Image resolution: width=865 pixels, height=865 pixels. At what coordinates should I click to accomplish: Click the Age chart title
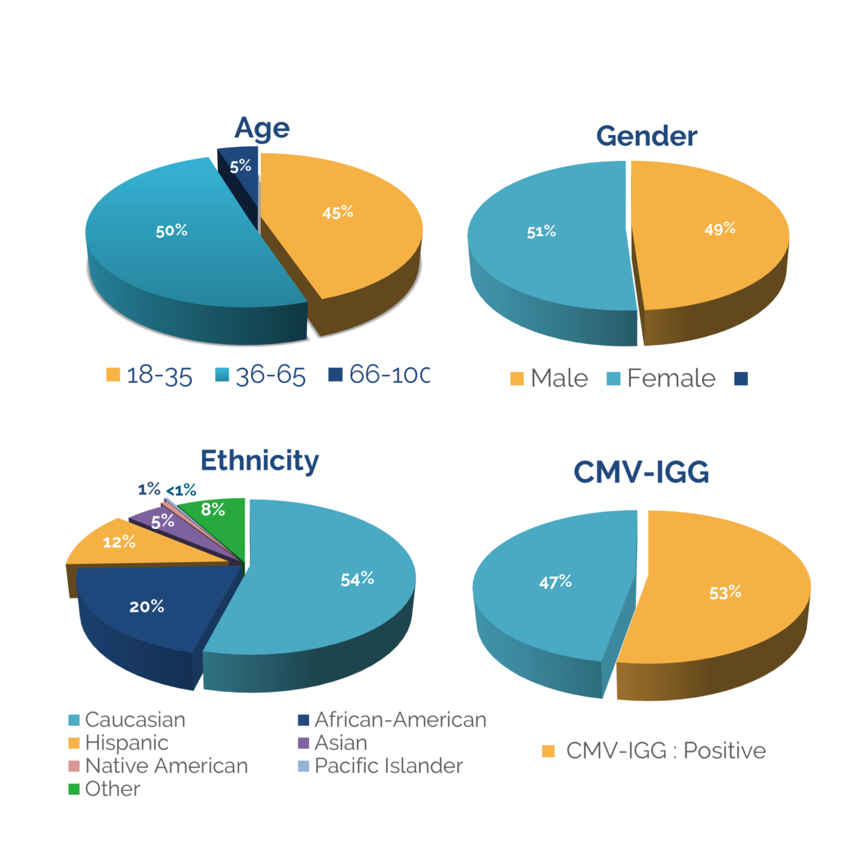click(262, 128)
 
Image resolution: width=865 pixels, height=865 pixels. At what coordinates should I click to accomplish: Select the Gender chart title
click(646, 136)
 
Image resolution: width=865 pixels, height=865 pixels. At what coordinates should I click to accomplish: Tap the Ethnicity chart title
click(260, 461)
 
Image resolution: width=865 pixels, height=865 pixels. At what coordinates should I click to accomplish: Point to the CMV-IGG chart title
click(641, 472)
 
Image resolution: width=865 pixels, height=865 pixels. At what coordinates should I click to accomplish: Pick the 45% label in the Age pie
click(338, 212)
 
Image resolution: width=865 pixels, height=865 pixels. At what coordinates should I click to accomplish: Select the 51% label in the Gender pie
click(541, 231)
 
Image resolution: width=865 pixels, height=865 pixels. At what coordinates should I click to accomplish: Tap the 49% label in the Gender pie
click(720, 229)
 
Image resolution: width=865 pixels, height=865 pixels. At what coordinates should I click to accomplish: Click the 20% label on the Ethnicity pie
click(147, 606)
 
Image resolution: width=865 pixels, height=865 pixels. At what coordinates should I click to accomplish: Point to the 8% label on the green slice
click(213, 509)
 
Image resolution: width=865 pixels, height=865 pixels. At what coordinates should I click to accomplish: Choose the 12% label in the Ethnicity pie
click(119, 542)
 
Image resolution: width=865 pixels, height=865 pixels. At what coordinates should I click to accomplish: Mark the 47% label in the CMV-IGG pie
click(555, 582)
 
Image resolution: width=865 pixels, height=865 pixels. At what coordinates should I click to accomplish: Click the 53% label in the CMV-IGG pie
click(725, 592)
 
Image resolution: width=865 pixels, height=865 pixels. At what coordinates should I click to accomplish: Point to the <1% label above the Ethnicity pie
click(181, 490)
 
